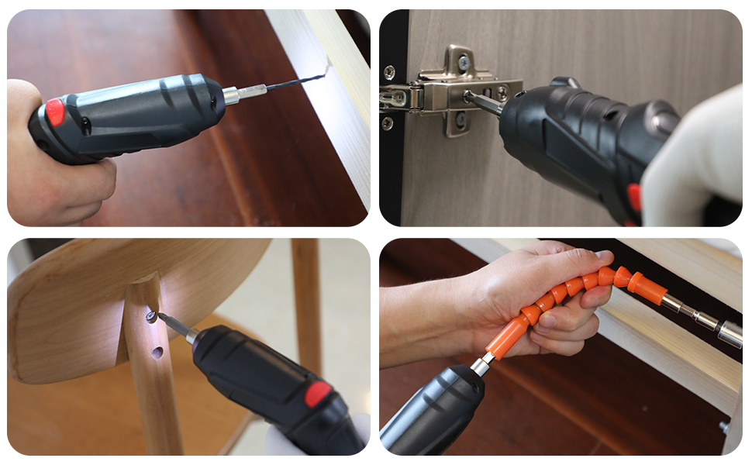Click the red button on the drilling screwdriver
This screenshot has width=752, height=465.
pyautogui.click(x=54, y=112)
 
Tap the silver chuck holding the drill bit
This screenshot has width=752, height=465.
pyautogui.click(x=232, y=95)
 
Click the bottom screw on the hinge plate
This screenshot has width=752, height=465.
pyautogui.click(x=459, y=119)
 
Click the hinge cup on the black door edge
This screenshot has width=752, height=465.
pyautogui.click(x=394, y=98)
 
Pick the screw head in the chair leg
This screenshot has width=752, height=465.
pyautogui.click(x=152, y=316)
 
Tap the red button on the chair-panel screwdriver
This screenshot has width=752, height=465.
pyautogui.click(x=318, y=394)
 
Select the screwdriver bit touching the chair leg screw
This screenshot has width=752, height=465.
pyautogui.click(x=174, y=326)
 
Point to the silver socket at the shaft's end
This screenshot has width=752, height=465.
pyautogui.click(x=730, y=334)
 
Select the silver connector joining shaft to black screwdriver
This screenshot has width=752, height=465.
pyautogui.click(x=481, y=365)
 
